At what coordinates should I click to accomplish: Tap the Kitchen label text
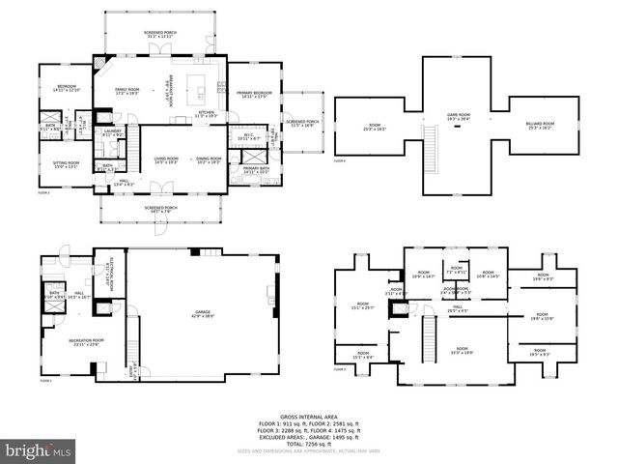206,113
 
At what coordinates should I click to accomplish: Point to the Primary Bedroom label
254,94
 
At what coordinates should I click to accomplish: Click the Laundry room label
112,133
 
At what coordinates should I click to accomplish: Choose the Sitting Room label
66,163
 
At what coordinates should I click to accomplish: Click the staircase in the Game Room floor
431,142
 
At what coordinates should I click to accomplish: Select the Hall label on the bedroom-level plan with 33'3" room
457,310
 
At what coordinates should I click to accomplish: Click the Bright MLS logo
39,450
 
